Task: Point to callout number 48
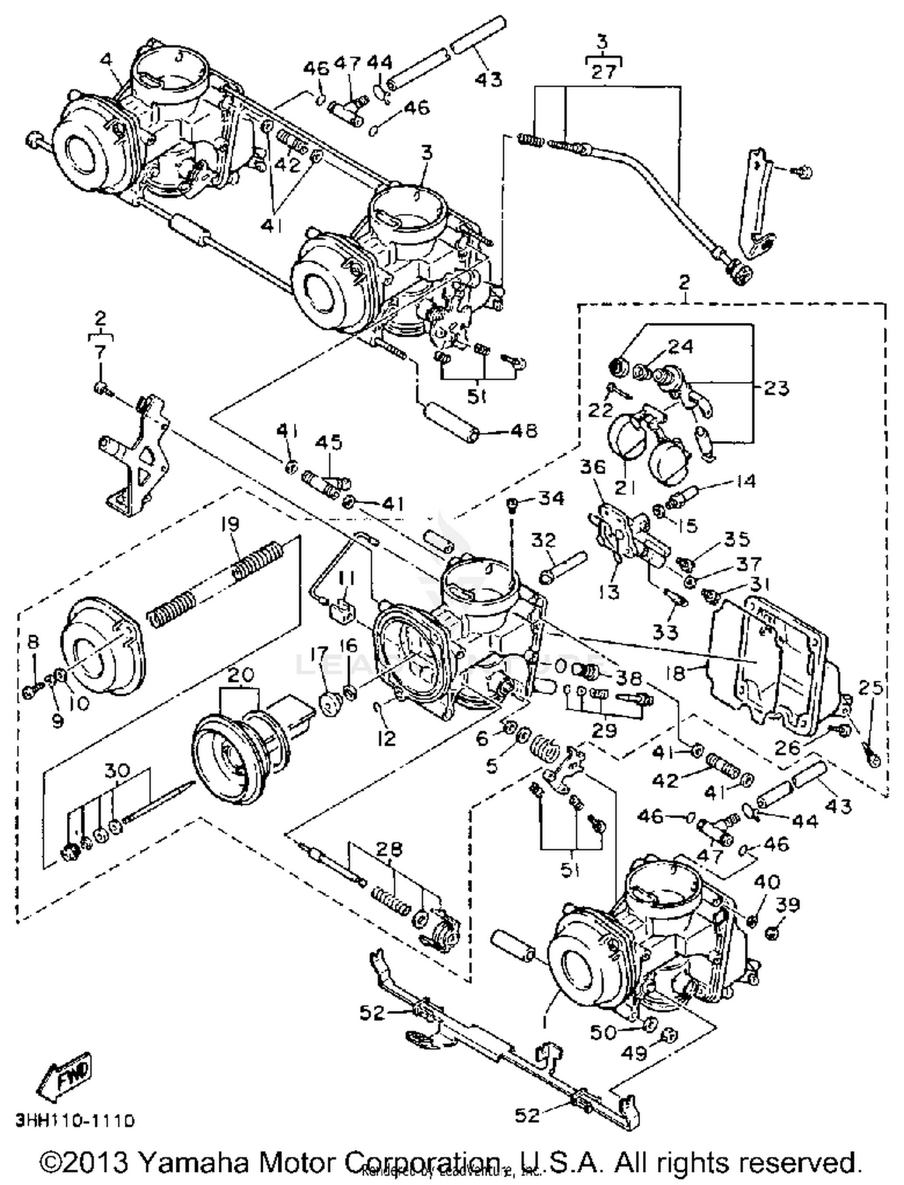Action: tap(522, 431)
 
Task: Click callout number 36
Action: tap(594, 467)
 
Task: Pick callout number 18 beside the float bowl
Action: tap(677, 672)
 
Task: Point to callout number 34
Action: tap(551, 498)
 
